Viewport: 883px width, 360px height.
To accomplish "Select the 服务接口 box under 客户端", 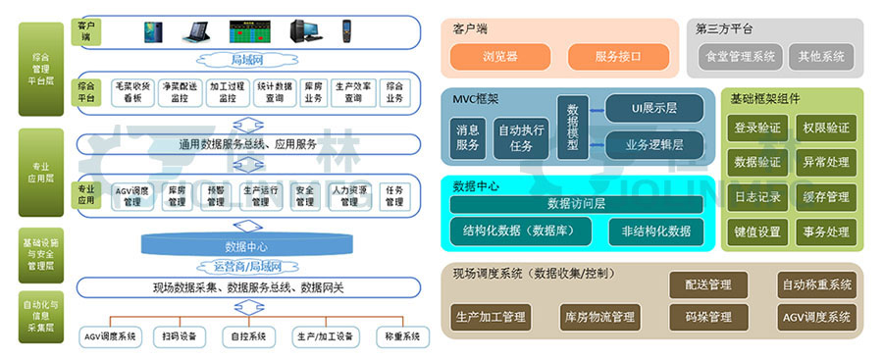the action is pyautogui.click(x=618, y=57).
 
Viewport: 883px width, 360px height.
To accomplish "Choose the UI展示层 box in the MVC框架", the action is pyautogui.click(x=654, y=107).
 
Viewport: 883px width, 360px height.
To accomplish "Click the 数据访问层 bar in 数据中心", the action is pyautogui.click(x=576, y=204).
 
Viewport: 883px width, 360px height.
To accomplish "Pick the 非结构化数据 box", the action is pyautogui.click(x=655, y=231).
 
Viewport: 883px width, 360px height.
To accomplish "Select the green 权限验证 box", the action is pyautogui.click(x=826, y=129).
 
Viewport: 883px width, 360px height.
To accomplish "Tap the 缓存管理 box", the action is pyautogui.click(x=826, y=197).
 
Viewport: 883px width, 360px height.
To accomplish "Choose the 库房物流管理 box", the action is pyautogui.click(x=598, y=317).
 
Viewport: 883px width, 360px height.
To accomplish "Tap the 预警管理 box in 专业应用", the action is pyautogui.click(x=215, y=196).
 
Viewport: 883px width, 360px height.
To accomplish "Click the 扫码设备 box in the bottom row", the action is pyautogui.click(x=180, y=336).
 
